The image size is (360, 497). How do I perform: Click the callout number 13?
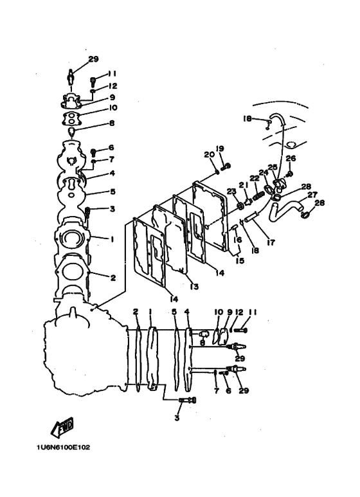(x=194, y=287)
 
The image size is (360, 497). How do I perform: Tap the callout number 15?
(x=240, y=260)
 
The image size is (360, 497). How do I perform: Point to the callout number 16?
(x=237, y=240)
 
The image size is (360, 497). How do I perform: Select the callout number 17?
(x=271, y=242)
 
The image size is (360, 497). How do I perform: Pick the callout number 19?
(x=220, y=149)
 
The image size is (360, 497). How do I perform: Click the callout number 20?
(x=208, y=155)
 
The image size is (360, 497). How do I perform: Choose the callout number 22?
(x=255, y=178)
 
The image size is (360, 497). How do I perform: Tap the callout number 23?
(x=231, y=191)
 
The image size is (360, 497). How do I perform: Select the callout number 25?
(x=273, y=167)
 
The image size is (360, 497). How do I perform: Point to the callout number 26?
(x=291, y=158)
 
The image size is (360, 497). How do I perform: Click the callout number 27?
(x=312, y=195)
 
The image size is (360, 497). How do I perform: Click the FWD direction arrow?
(x=62, y=426)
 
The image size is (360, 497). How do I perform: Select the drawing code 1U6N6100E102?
(x=64, y=447)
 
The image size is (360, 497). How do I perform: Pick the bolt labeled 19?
(x=226, y=166)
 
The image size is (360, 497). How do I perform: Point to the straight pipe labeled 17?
(x=252, y=218)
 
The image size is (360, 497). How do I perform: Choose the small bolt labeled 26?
(x=289, y=174)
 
